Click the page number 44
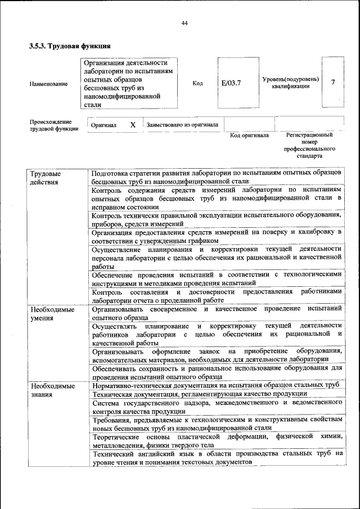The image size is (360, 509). (x=184, y=22)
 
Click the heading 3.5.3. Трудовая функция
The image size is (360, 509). (x=69, y=46)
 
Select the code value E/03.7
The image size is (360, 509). (x=231, y=83)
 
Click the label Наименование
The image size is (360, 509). (x=49, y=83)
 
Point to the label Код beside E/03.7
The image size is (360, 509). (x=197, y=83)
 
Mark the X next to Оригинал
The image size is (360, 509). (x=133, y=124)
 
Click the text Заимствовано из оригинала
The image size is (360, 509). (x=182, y=124)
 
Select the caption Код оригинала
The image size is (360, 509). (x=250, y=135)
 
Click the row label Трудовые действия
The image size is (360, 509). (x=46, y=178)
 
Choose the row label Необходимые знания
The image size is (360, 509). (x=52, y=390)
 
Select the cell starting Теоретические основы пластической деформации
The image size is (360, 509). (x=216, y=441)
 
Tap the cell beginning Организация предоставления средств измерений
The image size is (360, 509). (x=216, y=236)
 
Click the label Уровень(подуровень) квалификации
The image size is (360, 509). (x=290, y=83)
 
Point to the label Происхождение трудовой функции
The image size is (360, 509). (x=54, y=125)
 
